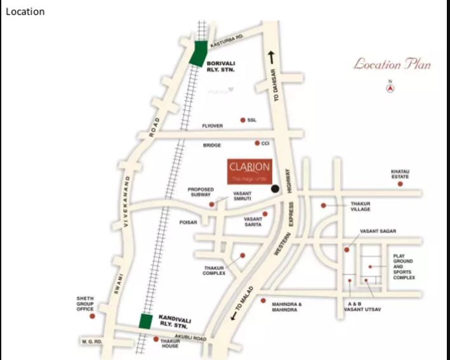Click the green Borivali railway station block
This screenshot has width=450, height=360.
pyautogui.click(x=198, y=54)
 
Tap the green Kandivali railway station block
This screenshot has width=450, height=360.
pyautogui.click(x=145, y=321)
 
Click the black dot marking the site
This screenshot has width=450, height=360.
pyautogui.click(x=275, y=189)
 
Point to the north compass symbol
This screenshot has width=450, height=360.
pyautogui.click(x=391, y=88)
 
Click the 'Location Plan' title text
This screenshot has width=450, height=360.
pyautogui.click(x=392, y=64)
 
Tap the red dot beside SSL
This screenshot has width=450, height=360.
pyautogui.click(x=242, y=119)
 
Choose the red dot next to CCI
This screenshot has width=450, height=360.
pyautogui.click(x=257, y=143)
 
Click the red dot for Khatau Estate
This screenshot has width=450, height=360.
pyautogui.click(x=400, y=183)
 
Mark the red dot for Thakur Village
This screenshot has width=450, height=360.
pyautogui.click(x=324, y=206)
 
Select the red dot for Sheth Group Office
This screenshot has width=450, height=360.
pyautogui.click(x=93, y=316)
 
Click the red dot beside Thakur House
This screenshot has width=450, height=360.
pyautogui.click(x=156, y=339)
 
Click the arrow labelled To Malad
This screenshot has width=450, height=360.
pyautogui.click(x=234, y=316)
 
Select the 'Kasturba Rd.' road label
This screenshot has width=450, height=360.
pyautogui.click(x=227, y=39)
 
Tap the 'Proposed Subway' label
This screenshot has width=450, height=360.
pyautogui.click(x=201, y=192)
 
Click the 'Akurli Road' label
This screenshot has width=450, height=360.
pyautogui.click(x=192, y=338)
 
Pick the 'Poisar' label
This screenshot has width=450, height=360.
pyautogui.click(x=189, y=222)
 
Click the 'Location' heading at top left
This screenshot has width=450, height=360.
pyautogui.click(x=25, y=11)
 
